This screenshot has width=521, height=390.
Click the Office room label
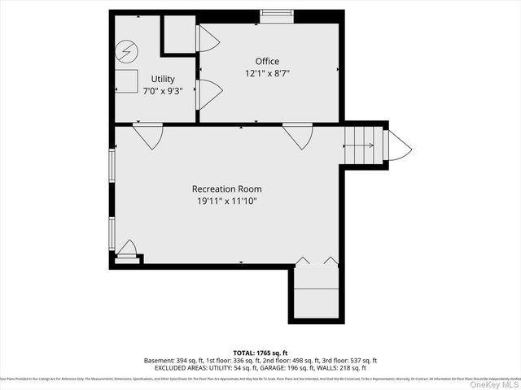[x=267, y=61]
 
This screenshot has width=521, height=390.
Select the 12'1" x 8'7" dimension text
[x=267, y=73]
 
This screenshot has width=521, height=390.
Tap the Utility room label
[x=163, y=79]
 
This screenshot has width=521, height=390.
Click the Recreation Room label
[x=228, y=188]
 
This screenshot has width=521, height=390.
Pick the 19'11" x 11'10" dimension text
[x=228, y=201]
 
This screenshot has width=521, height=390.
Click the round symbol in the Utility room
[x=126, y=52]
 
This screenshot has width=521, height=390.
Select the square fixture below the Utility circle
[x=126, y=81]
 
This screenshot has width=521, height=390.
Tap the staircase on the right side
[x=361, y=146]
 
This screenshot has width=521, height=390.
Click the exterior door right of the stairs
[x=399, y=146]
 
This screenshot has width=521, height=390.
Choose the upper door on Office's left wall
[x=208, y=39]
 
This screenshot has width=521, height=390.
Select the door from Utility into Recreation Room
[x=147, y=136]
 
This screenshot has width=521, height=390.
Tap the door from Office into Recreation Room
[x=298, y=136]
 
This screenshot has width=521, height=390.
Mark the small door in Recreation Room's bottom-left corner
[x=127, y=249]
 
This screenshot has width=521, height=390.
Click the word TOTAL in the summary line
[x=241, y=351]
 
